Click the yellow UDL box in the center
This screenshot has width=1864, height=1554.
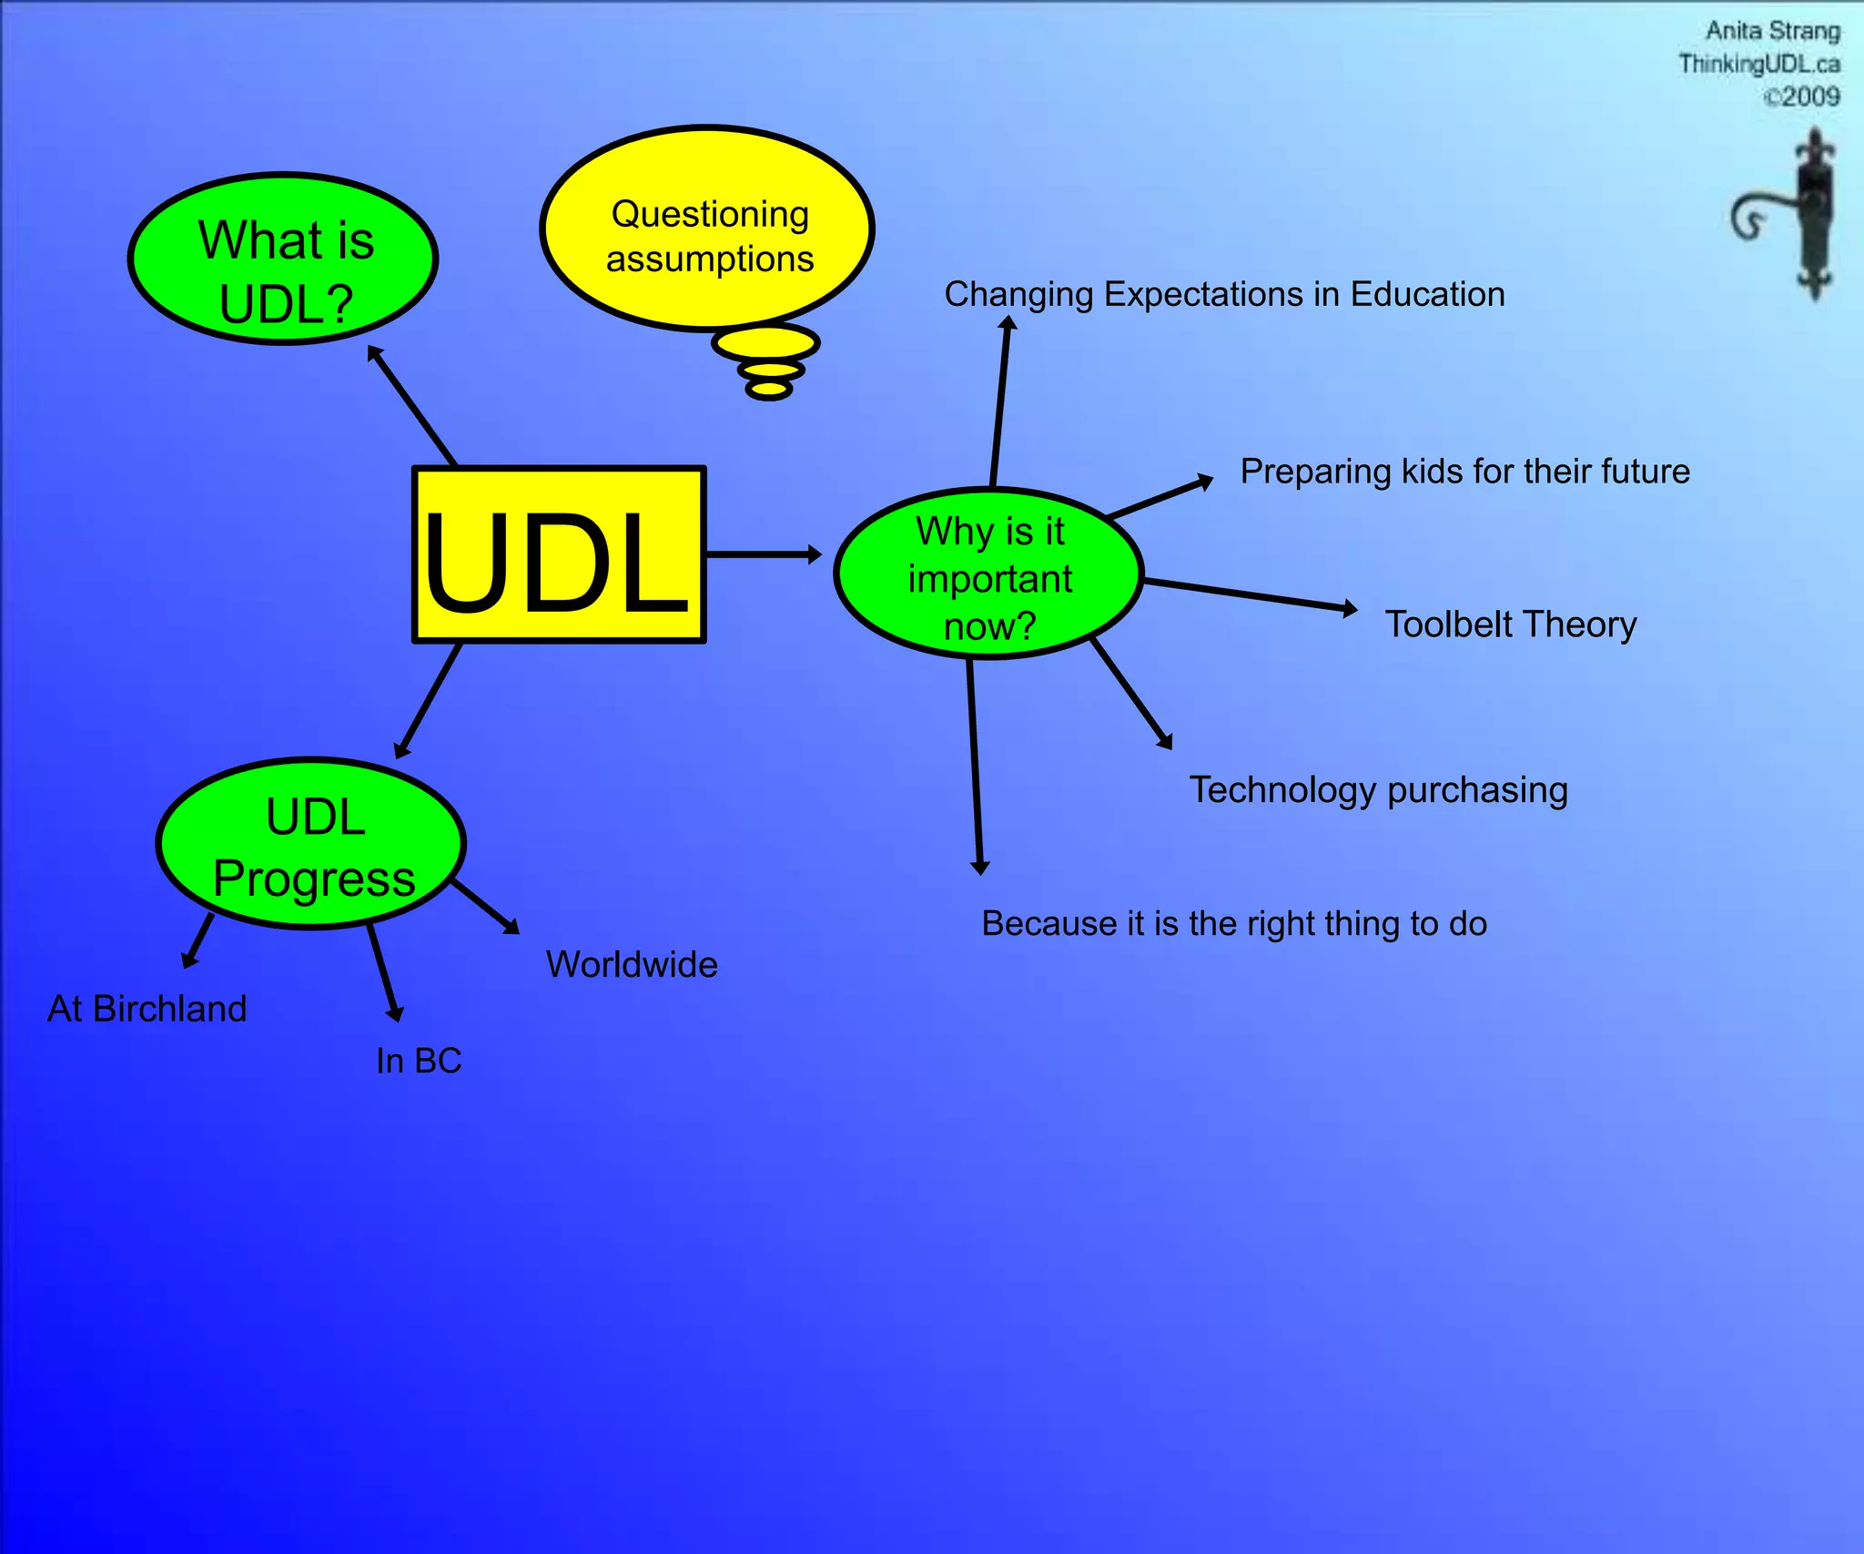[x=559, y=554]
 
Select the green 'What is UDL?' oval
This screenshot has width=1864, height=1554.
[x=283, y=259]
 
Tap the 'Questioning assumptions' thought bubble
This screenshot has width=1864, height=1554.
[x=707, y=229]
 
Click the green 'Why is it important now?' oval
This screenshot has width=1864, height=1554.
[x=988, y=574]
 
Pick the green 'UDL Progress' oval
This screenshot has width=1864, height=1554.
[x=311, y=844]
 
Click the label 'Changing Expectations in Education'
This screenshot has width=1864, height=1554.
[x=1224, y=294]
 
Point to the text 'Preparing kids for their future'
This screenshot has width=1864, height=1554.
[x=1464, y=472]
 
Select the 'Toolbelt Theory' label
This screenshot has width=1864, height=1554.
[x=1510, y=625]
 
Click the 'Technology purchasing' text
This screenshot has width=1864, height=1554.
[x=1378, y=789]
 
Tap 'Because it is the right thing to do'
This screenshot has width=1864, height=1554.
[x=1233, y=923]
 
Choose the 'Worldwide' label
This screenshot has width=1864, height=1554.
[x=632, y=964]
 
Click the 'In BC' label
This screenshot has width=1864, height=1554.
[x=419, y=1061]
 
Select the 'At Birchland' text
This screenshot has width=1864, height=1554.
[x=147, y=1009]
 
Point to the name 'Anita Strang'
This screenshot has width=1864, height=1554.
[x=1772, y=31]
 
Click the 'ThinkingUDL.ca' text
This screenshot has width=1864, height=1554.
[x=1758, y=64]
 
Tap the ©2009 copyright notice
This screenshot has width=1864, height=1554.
[x=1801, y=96]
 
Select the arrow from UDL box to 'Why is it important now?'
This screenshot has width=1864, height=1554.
[x=763, y=554]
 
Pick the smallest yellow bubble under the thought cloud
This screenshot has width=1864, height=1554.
[x=769, y=390]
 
